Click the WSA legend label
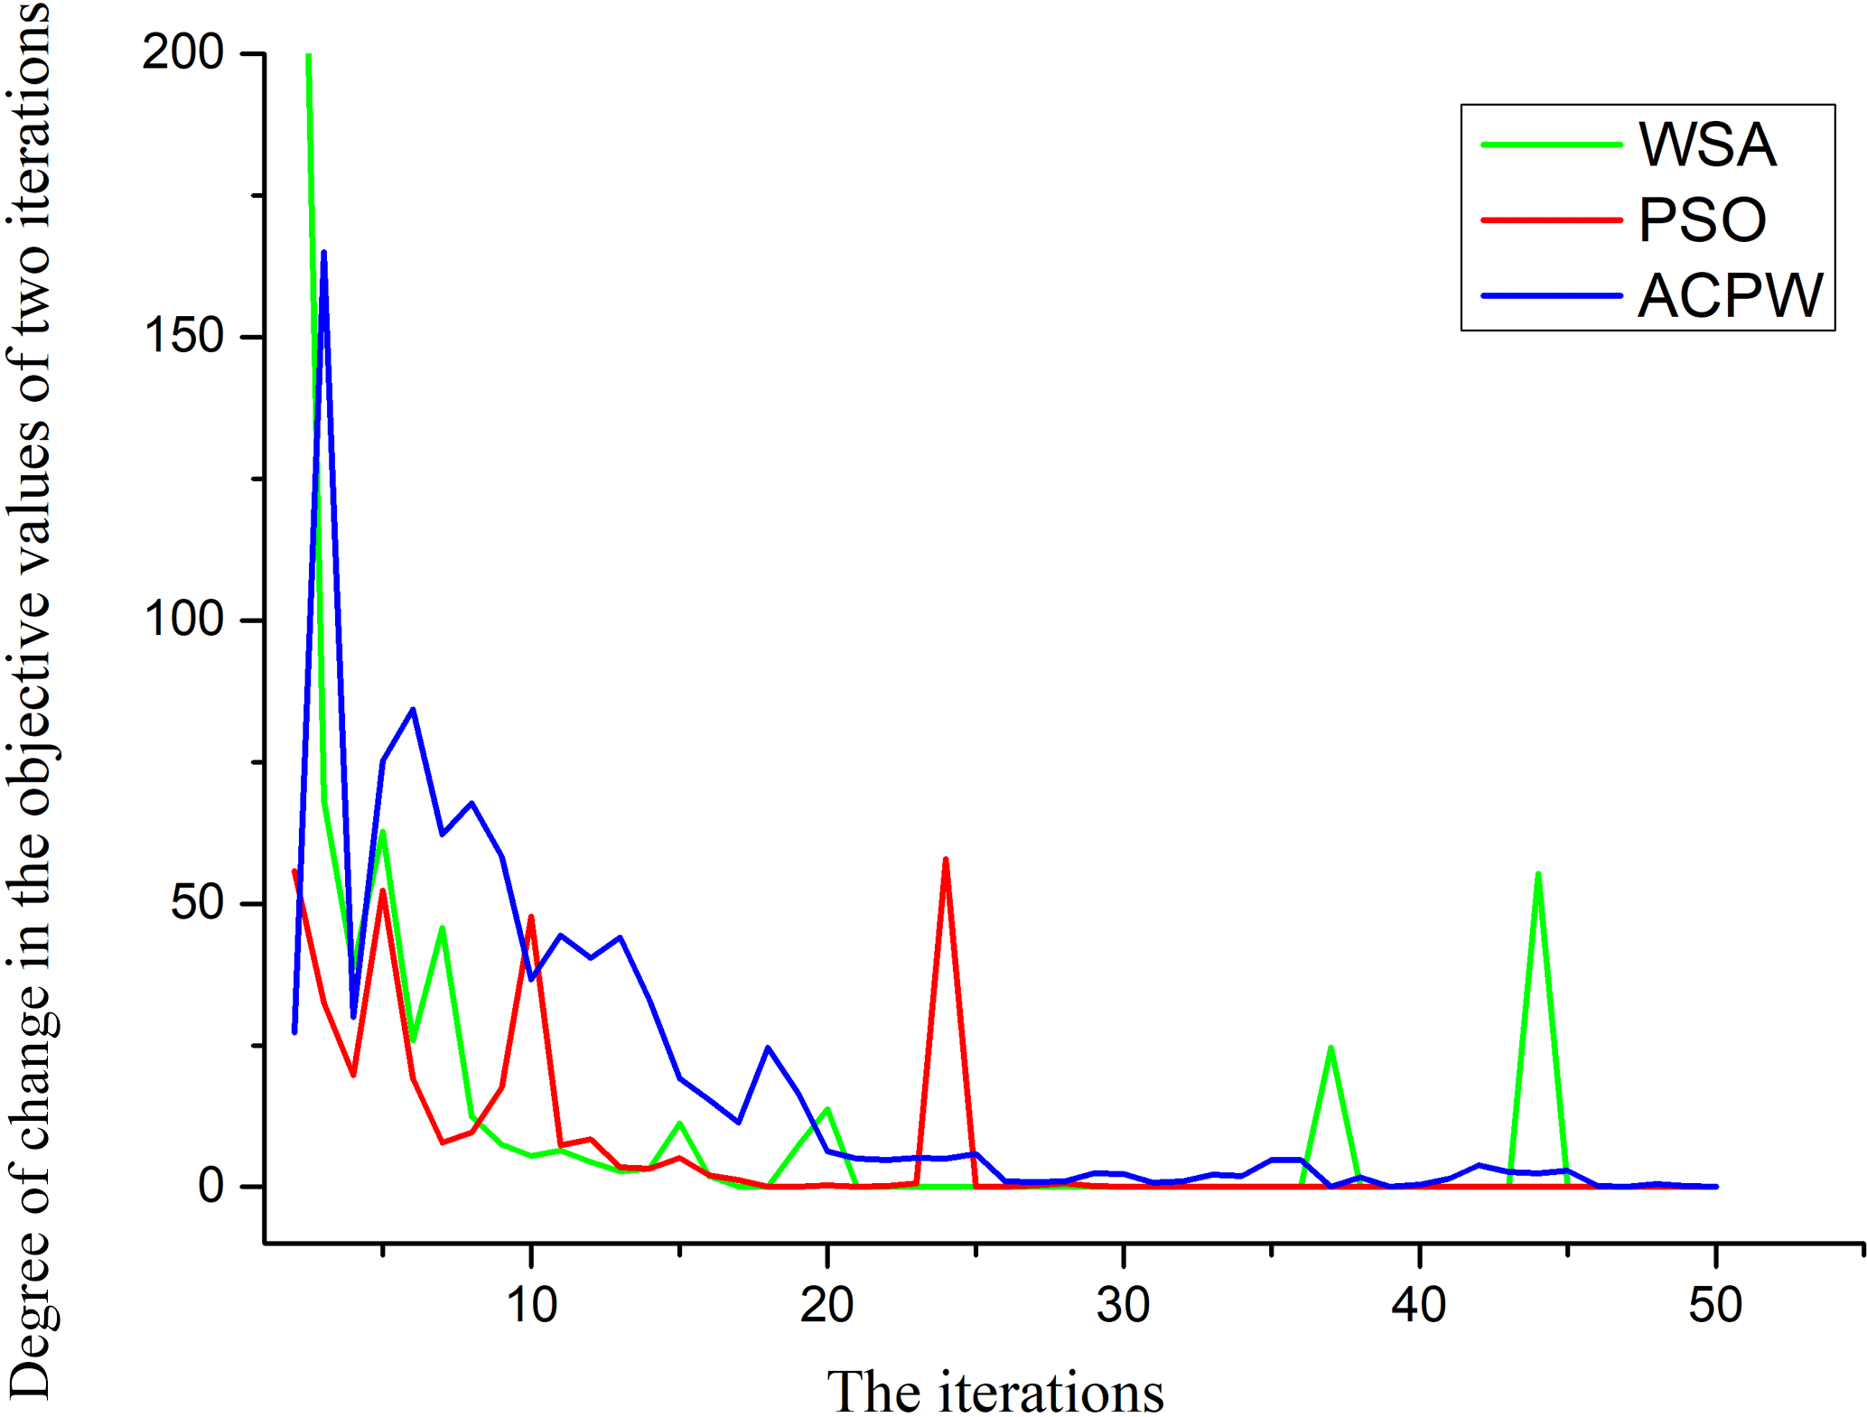tap(1706, 144)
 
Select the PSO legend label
tap(1702, 219)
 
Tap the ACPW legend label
tap(1730, 295)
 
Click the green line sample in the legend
tap(1551, 144)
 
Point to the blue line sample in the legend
tap(1551, 295)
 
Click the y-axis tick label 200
tap(182, 52)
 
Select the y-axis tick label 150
tap(182, 336)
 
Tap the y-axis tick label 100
tap(182, 620)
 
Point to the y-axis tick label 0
tap(211, 1186)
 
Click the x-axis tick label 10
tap(531, 1305)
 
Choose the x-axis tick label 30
tap(1123, 1305)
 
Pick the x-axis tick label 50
tap(1715, 1305)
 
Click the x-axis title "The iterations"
tap(994, 1392)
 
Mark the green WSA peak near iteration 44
tap(1537, 874)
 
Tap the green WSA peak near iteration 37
tap(1330, 1049)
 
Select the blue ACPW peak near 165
tap(323, 254)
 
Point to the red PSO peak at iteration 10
tap(531, 918)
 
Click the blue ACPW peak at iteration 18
tap(768, 1048)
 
